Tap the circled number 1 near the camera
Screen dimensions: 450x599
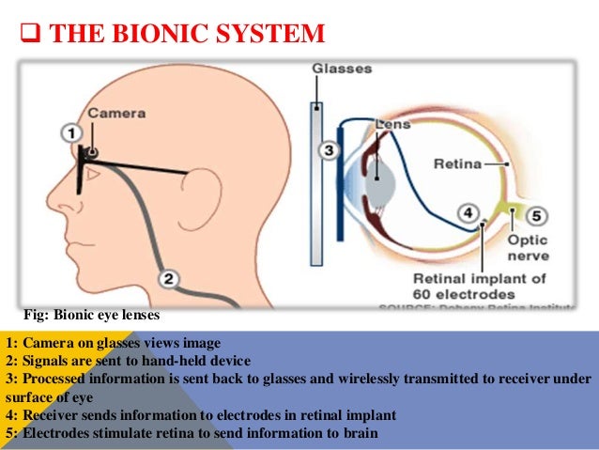[x=73, y=133]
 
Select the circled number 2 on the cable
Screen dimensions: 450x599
[x=170, y=277]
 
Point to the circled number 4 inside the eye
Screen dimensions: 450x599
[x=468, y=213]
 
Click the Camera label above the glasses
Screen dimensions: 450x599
[x=115, y=113]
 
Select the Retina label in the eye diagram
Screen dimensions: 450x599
[x=457, y=164]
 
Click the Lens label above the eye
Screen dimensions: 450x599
[x=391, y=123]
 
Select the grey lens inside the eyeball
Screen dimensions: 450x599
[x=378, y=178]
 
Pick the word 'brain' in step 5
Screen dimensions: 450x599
[x=360, y=433]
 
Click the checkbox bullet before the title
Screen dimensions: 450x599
[x=29, y=36]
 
